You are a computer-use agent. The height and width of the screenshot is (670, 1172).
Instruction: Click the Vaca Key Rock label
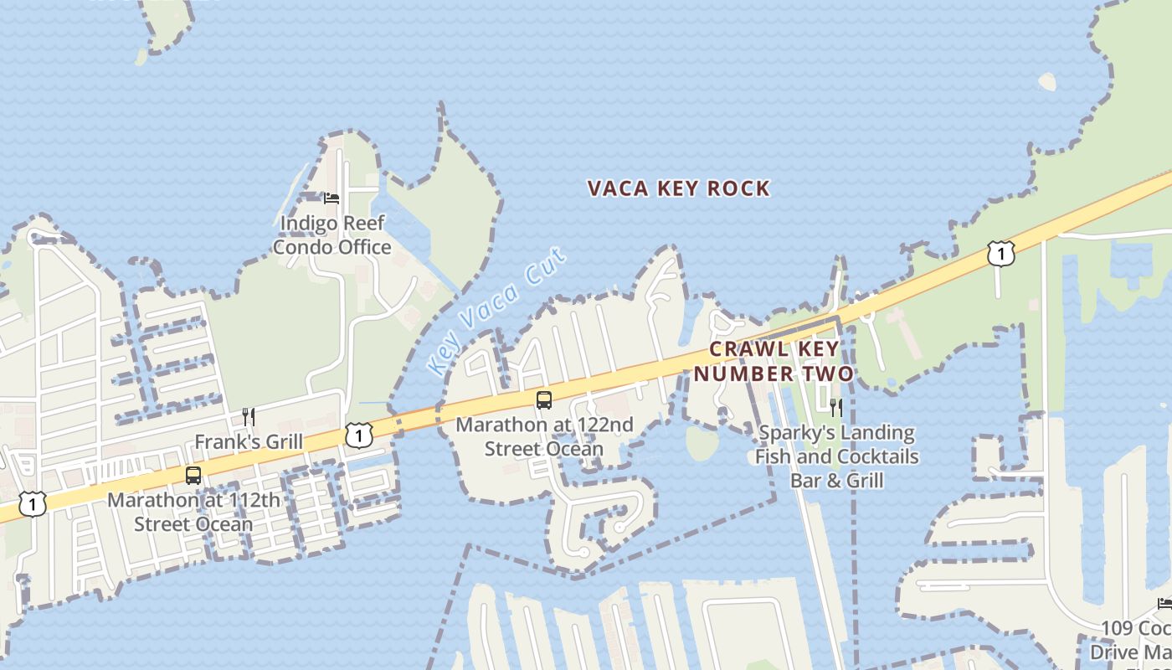678,188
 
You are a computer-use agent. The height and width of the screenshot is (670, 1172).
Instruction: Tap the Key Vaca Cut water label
496,311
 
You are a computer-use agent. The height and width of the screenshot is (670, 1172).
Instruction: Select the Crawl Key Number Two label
773,361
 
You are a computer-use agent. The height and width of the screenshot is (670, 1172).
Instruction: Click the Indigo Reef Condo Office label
332,235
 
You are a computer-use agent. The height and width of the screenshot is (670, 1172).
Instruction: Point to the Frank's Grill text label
249,441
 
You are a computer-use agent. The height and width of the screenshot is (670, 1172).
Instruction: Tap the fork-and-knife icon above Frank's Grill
249,416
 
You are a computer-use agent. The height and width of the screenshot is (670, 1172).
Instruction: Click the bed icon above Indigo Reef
332,198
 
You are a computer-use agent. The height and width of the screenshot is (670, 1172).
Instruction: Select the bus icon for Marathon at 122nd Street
544,399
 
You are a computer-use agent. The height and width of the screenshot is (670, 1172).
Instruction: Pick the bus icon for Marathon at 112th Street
193,475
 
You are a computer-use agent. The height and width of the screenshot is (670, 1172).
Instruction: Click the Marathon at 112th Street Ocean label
193,512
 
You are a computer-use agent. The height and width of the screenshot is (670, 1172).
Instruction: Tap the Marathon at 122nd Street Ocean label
544,436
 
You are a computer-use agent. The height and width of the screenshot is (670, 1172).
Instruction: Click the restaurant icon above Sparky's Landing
835,408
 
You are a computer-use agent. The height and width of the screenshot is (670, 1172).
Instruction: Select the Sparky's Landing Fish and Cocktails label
836,456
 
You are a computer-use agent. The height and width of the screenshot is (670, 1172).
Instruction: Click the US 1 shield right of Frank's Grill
358,435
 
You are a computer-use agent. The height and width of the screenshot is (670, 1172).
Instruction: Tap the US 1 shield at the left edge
33,503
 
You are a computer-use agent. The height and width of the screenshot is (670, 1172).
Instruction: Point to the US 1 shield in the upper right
1000,253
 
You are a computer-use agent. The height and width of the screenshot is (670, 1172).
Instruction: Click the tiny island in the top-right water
1047,81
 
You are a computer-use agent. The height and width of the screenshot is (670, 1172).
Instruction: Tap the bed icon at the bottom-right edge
1164,603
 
